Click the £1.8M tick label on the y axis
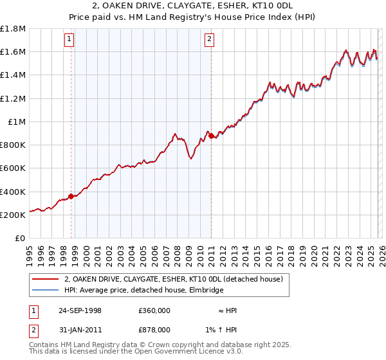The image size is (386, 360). point(13,29)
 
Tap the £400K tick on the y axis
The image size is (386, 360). point(13,192)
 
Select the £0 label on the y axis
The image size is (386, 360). point(21,239)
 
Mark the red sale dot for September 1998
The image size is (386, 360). point(71,197)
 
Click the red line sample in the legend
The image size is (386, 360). point(45,280)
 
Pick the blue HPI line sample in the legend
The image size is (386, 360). point(45,291)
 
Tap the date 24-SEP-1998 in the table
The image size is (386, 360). point(80,310)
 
